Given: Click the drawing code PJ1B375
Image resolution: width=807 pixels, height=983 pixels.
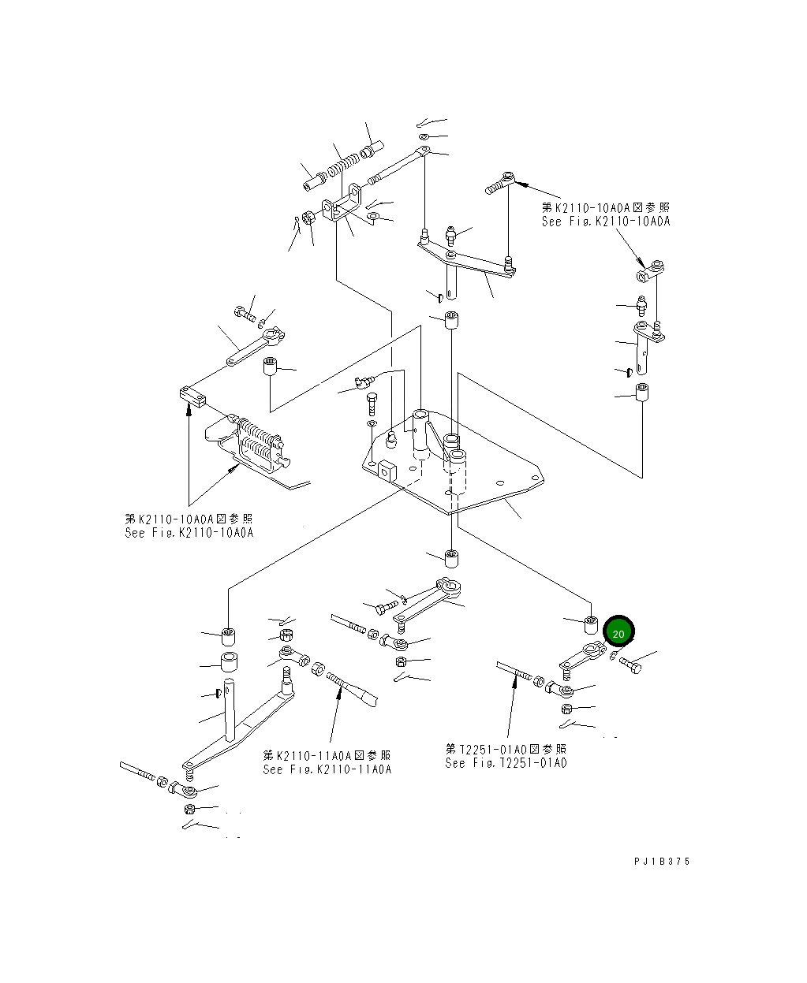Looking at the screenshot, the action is coord(662,862).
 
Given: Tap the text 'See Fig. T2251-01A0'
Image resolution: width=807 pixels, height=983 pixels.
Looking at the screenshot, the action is coord(506,763).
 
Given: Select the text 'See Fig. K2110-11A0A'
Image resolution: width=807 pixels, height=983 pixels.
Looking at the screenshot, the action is coord(327,769).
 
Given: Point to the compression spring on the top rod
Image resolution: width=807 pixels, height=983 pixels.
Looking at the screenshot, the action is coord(344,166).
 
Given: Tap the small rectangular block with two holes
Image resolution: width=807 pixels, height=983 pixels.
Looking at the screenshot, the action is coord(192,397).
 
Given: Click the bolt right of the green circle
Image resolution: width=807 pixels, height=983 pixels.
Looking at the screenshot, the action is coord(630,665).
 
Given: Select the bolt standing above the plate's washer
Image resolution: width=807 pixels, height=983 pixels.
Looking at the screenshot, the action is coord(372,404).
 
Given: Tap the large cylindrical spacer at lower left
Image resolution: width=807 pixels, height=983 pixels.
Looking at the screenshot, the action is coord(229,662).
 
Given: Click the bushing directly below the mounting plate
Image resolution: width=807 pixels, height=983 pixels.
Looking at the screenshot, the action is coord(451,558).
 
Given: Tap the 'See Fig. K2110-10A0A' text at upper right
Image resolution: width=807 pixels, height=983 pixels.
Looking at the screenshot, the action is coord(606,222).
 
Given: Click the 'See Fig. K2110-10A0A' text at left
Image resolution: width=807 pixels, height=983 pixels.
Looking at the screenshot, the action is coord(189,533).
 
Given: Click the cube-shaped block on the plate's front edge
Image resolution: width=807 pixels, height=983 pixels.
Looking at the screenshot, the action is coord(387,471).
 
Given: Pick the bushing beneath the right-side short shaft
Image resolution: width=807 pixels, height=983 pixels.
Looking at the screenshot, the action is coord(642,392).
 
